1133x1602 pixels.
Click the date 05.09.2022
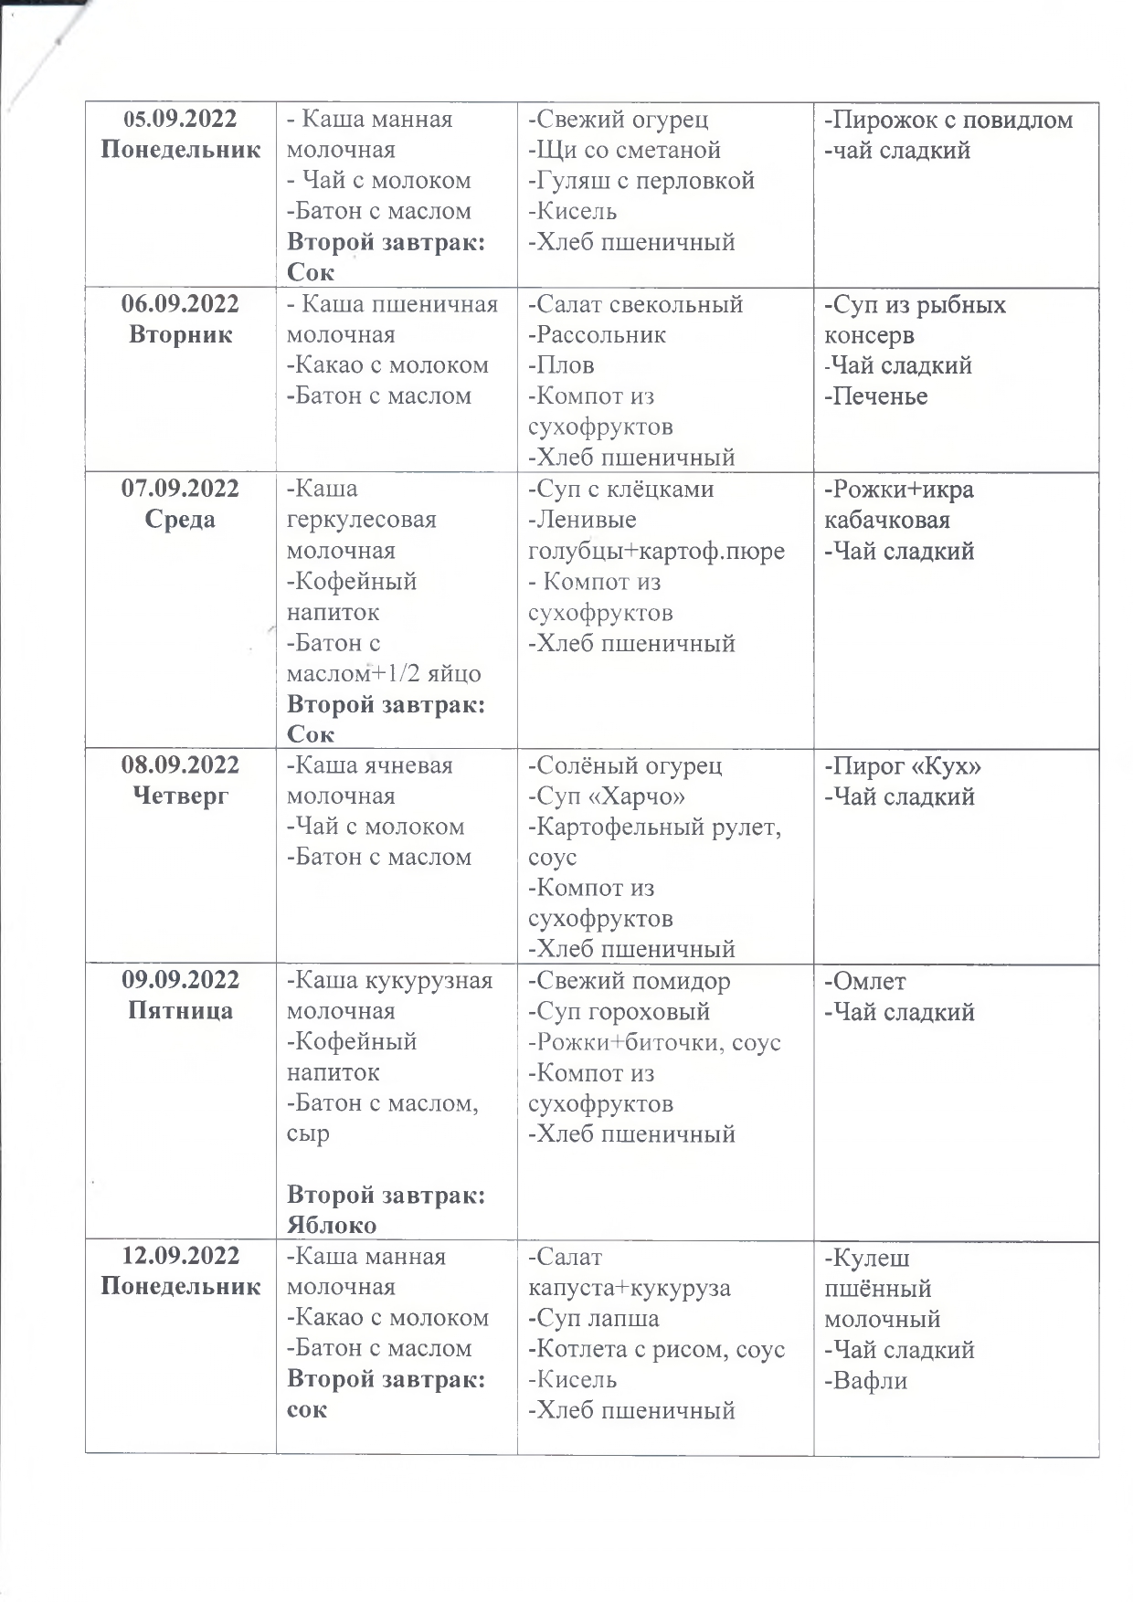coord(180,119)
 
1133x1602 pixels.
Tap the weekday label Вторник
coord(180,334)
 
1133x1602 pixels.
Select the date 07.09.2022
coord(180,489)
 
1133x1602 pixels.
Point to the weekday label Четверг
coord(180,796)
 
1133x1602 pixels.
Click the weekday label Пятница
coord(180,1010)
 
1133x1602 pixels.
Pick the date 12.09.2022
coord(180,1256)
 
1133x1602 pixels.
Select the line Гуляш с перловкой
coord(641,181)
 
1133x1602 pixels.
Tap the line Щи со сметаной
coord(625,150)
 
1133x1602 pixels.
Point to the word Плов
coord(562,365)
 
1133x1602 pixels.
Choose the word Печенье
coord(876,396)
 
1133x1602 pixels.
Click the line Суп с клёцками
coord(621,489)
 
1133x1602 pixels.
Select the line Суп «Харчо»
coord(607,796)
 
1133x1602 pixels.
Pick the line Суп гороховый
coord(619,1012)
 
